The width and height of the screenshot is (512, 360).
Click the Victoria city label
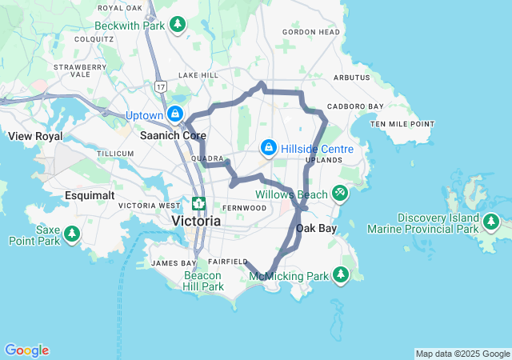[x=196, y=220]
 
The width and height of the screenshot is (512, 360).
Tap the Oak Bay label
[x=316, y=229]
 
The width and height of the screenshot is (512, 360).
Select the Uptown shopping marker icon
[x=174, y=115]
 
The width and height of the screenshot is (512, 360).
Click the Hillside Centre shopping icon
[x=269, y=148]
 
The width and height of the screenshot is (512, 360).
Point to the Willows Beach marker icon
[x=340, y=194]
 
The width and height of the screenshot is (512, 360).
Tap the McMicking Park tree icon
[x=342, y=275]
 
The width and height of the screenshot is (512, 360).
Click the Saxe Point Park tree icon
[x=73, y=234]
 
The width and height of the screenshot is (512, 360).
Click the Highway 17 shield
[x=162, y=86]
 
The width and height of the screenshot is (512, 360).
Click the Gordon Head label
[x=311, y=33]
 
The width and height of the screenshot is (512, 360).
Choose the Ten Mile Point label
[x=402, y=124]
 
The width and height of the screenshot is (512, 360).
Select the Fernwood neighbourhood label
[x=244, y=208]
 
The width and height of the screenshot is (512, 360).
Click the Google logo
[x=26, y=350]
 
